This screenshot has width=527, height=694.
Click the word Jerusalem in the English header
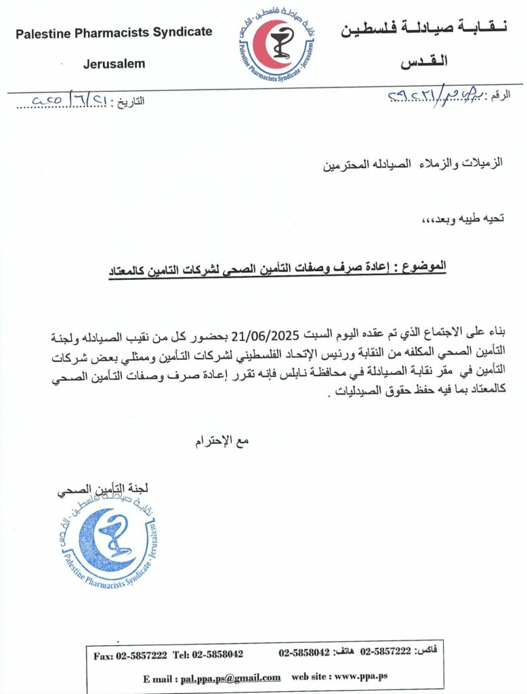[114, 64]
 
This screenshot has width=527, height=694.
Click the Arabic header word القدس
[425, 64]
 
